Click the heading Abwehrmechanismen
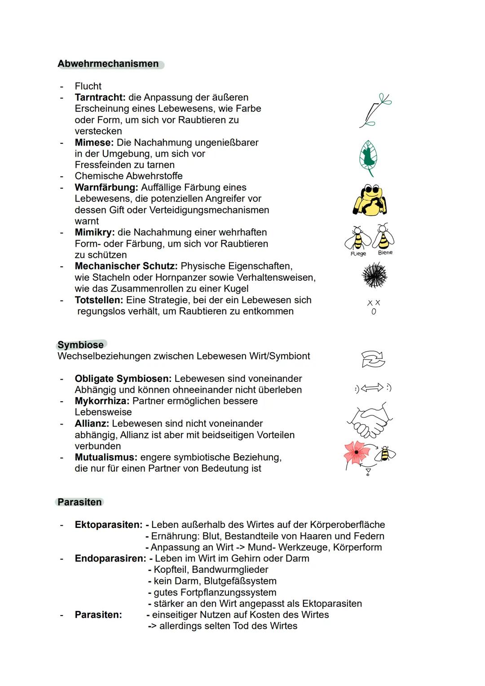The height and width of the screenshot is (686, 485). [x=108, y=64]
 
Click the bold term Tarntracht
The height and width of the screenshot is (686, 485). [x=99, y=97]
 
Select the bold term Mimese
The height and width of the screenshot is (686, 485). [x=94, y=142]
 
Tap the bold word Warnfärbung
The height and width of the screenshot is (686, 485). [x=106, y=187]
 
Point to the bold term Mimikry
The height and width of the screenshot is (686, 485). [x=94, y=232]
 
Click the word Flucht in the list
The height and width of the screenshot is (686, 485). [x=88, y=86]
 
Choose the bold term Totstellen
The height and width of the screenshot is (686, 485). [x=99, y=300]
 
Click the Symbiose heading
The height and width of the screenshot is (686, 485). [x=80, y=345]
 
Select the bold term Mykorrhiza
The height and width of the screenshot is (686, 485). [x=102, y=401]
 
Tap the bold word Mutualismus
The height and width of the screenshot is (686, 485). [x=106, y=457]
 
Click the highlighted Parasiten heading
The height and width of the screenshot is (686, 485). [x=79, y=502]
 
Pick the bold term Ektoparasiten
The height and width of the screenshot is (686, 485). [x=108, y=524]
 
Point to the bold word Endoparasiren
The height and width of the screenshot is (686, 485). [x=110, y=558]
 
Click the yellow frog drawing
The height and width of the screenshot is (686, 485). [x=369, y=200]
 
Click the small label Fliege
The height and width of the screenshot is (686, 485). [x=358, y=254]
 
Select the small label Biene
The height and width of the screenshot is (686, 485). [x=385, y=253]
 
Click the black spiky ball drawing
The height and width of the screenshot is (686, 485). [x=374, y=275]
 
